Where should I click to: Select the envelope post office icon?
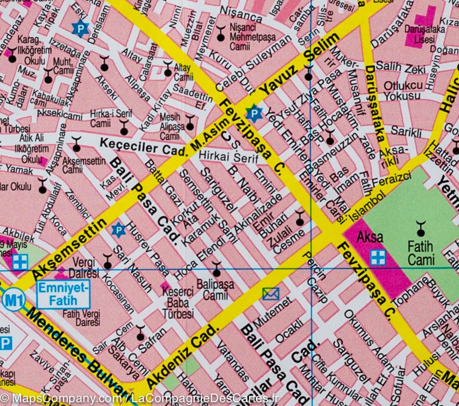[271, 294]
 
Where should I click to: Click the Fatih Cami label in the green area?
[421, 253]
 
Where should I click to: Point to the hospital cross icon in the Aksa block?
[378, 257]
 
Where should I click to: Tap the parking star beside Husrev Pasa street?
[118, 230]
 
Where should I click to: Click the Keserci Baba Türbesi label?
[178, 303]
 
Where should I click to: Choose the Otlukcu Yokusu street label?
[404, 90]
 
